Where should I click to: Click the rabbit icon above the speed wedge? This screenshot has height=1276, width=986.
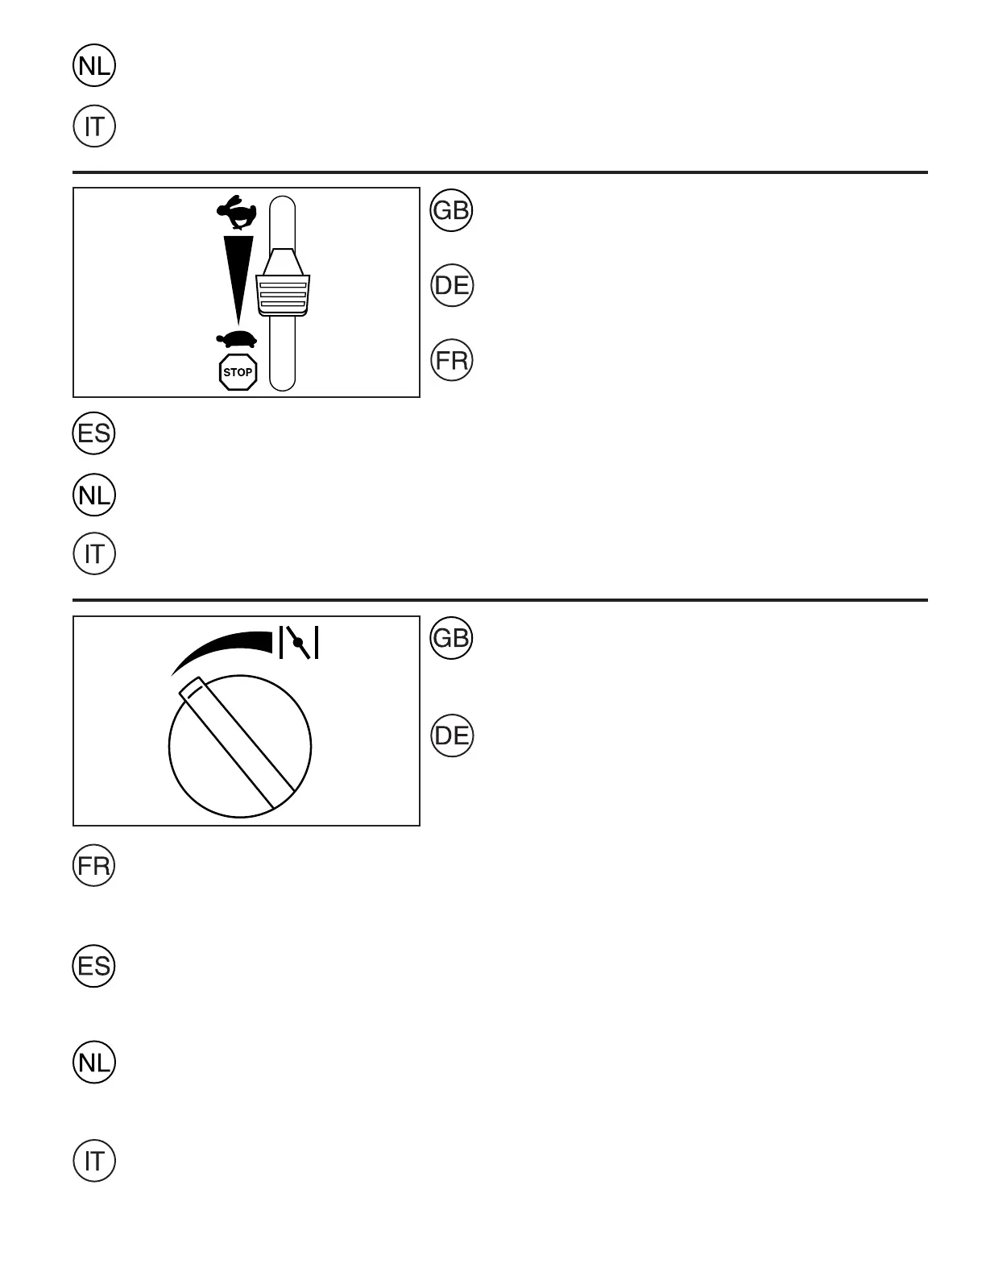click(x=236, y=213)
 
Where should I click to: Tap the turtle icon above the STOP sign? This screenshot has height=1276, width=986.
click(x=236, y=339)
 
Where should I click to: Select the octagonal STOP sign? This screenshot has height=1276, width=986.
click(x=238, y=372)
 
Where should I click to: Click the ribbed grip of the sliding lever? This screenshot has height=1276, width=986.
click(x=282, y=295)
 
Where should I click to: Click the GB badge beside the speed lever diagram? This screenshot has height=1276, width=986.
click(x=452, y=211)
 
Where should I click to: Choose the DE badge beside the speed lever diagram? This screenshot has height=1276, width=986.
click(x=452, y=285)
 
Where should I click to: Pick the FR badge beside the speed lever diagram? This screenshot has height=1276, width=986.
click(x=452, y=360)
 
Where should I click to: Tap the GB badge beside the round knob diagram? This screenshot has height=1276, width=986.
click(x=452, y=639)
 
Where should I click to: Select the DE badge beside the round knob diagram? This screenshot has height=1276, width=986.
click(x=452, y=735)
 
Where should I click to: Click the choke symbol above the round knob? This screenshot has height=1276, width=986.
click(x=299, y=643)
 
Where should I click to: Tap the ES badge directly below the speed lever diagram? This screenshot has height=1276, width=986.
click(x=94, y=433)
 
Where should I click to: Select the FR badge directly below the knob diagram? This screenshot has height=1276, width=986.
click(x=94, y=867)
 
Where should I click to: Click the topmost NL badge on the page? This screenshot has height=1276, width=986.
click(x=94, y=67)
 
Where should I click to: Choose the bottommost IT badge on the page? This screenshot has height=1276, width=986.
click(x=94, y=1161)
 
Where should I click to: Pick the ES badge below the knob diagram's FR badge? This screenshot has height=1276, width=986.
click(x=94, y=966)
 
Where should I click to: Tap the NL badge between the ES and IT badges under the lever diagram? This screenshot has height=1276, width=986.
click(x=94, y=495)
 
